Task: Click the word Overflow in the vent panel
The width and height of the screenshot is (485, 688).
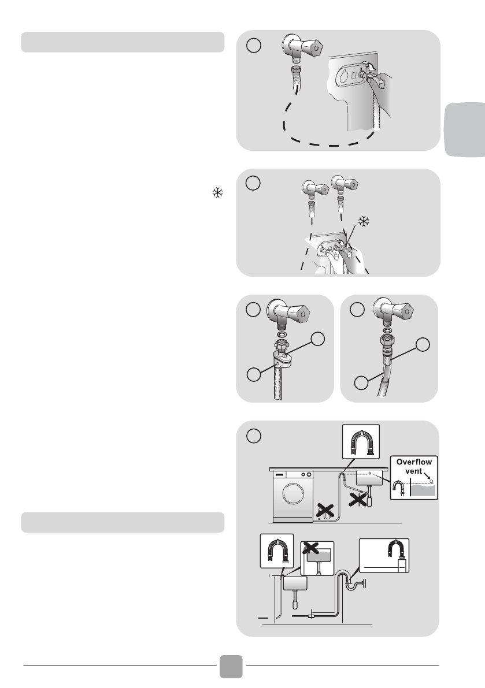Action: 414,462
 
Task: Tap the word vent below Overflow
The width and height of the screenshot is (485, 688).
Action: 413,471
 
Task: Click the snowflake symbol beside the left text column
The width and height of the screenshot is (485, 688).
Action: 218,192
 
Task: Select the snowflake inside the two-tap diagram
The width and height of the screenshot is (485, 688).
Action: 364,222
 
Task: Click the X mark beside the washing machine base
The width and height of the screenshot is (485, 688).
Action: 325,510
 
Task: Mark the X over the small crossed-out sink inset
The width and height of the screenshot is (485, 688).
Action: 310,547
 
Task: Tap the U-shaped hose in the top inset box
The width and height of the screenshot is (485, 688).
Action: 360,441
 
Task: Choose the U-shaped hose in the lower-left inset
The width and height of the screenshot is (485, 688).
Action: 276,552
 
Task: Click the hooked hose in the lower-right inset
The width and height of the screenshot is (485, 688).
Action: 398,550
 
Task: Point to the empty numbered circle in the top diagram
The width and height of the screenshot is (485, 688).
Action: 253,45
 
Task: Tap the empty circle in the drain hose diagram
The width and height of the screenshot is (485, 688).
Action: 253,436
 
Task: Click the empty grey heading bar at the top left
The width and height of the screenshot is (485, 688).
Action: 123,42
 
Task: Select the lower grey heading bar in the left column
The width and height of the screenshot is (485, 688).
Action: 123,522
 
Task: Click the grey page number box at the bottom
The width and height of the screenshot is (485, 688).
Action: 231,667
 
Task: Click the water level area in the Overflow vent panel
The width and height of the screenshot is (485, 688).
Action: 424,490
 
